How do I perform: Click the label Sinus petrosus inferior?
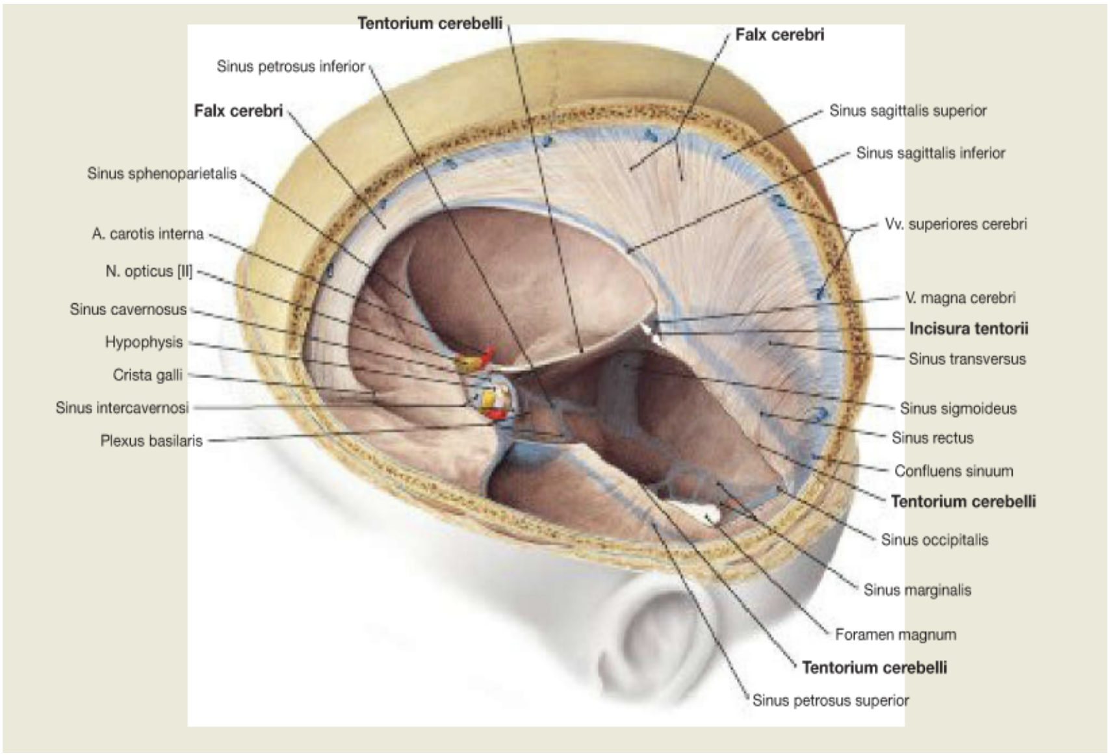coord(290,66)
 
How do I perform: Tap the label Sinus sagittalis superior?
coord(908,111)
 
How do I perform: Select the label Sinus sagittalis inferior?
coord(931,153)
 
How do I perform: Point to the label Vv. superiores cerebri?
coord(956,224)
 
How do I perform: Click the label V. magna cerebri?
coord(961,298)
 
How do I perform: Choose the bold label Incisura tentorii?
coord(969,329)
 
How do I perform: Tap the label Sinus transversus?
coord(967,359)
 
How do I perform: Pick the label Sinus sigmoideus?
coord(958,409)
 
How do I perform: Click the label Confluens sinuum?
coord(953,471)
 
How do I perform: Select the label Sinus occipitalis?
coord(934,540)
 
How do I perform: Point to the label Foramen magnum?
coord(896,635)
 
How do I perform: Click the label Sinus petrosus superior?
coord(831,700)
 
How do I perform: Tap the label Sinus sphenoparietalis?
coord(162,174)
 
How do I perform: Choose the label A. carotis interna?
coord(148,234)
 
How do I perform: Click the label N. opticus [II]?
coord(149,272)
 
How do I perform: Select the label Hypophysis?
coord(144,342)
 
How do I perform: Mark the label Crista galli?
coord(148,376)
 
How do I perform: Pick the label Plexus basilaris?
coord(151,441)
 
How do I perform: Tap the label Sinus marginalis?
coord(917,590)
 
